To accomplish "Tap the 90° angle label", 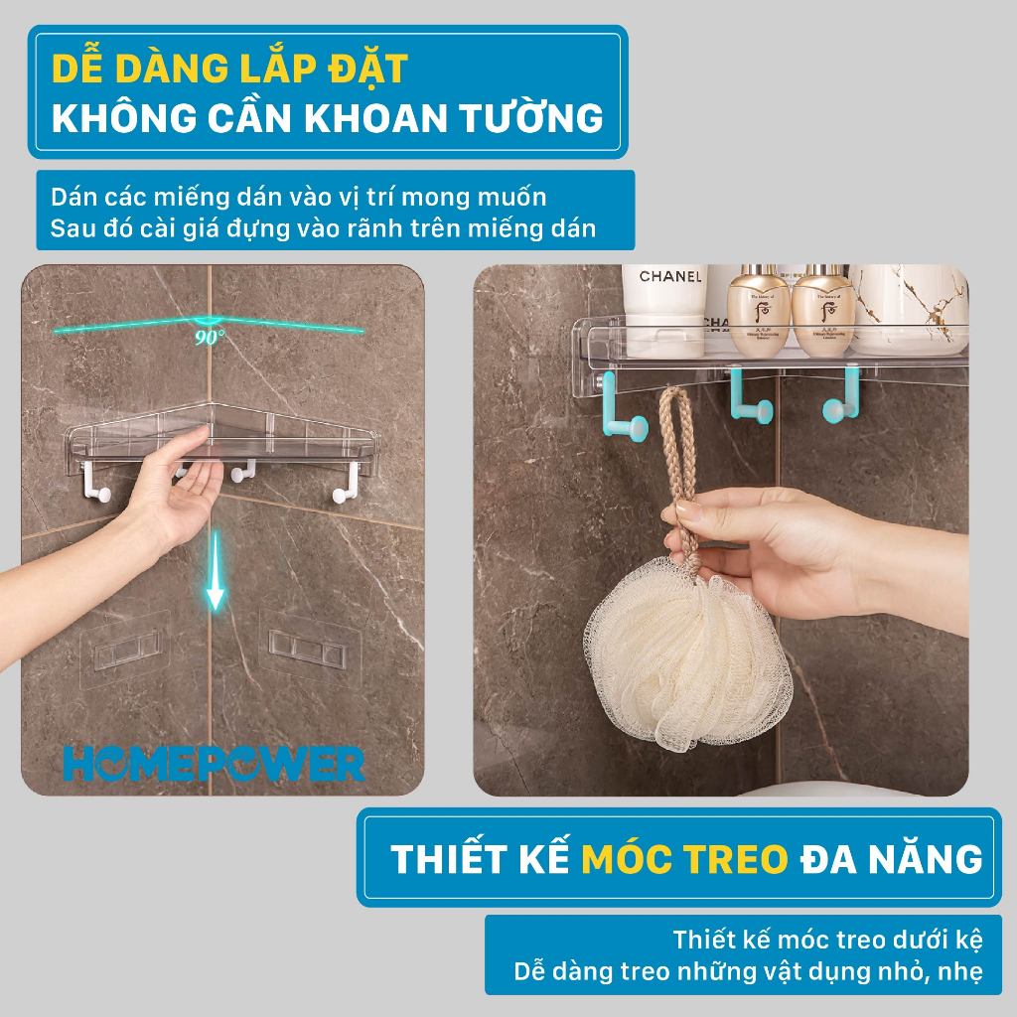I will pyautogui.click(x=210, y=336).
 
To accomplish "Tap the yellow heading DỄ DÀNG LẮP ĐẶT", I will pyautogui.click(x=229, y=70).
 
